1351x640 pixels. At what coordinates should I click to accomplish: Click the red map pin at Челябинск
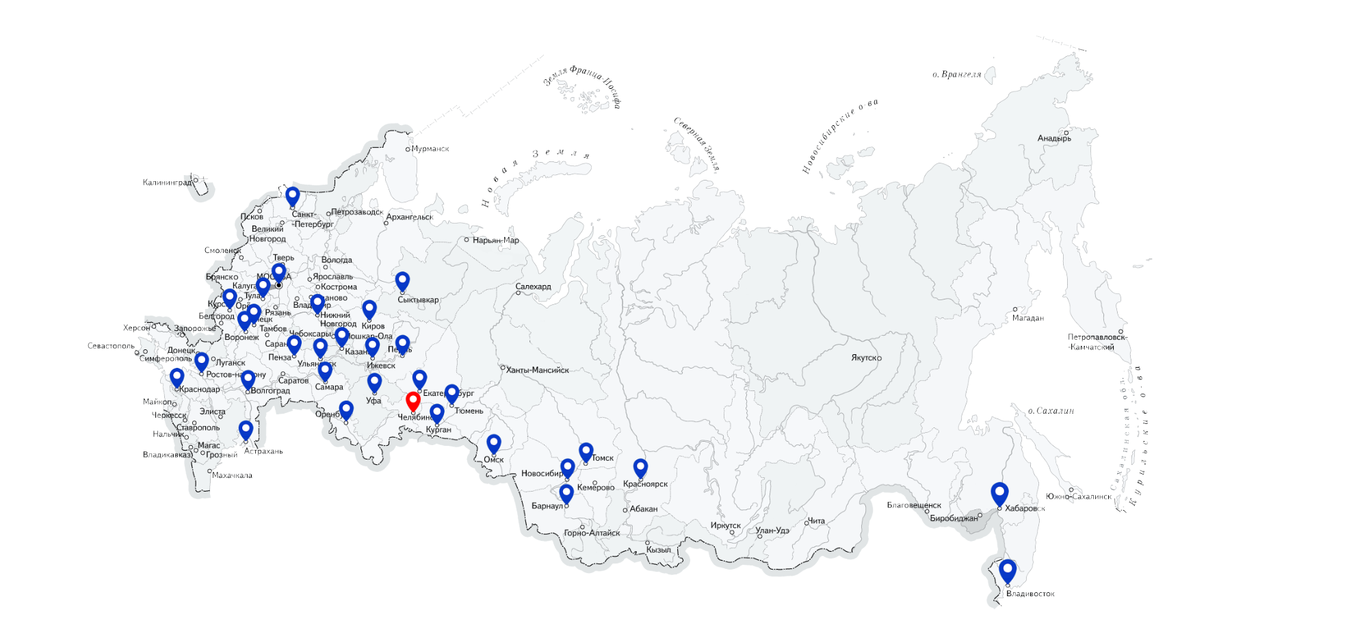(412, 400)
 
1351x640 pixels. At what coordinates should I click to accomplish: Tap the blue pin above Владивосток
(1007, 570)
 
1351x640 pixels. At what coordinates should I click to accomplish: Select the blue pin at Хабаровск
(999, 492)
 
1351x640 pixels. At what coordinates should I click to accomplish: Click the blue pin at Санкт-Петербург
(293, 196)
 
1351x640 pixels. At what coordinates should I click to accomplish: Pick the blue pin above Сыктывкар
(402, 280)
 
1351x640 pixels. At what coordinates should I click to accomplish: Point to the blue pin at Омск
(493, 443)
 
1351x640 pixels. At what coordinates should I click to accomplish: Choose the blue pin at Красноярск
(640, 467)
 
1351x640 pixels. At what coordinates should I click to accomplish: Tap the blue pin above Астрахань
(246, 429)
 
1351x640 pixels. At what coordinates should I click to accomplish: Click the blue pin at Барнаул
(566, 492)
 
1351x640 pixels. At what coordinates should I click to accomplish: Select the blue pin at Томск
(586, 451)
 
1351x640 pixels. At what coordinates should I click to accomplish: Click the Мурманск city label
(430, 148)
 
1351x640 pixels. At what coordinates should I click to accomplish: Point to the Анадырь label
(1054, 138)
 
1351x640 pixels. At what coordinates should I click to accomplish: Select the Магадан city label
(1027, 318)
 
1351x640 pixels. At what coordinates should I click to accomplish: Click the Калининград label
(167, 183)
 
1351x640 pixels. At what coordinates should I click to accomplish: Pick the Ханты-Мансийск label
(537, 370)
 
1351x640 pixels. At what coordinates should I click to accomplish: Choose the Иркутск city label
(725, 525)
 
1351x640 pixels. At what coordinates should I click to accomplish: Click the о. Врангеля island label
(956, 75)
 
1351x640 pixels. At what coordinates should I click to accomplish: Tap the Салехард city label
(533, 286)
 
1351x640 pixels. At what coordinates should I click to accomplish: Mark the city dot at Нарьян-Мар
(467, 240)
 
